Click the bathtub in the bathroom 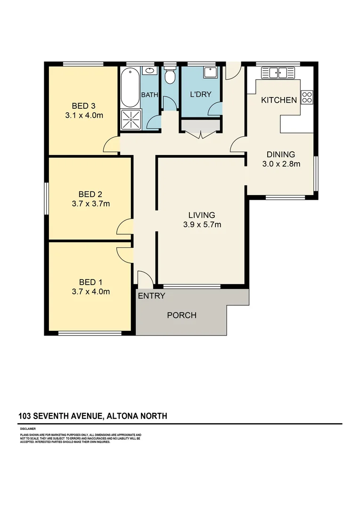[130, 88]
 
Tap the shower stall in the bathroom [130, 119]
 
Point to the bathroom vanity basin [149, 71]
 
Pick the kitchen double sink [278, 73]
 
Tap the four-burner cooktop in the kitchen [307, 97]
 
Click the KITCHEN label [279, 100]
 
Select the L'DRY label [201, 94]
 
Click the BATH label [150, 95]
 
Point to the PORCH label [181, 315]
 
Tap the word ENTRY [151, 296]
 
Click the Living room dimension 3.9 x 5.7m [202, 225]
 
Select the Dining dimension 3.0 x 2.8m [281, 164]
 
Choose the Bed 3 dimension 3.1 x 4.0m [84, 115]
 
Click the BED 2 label [90, 194]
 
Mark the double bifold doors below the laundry [201, 129]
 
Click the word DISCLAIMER [28, 429]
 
